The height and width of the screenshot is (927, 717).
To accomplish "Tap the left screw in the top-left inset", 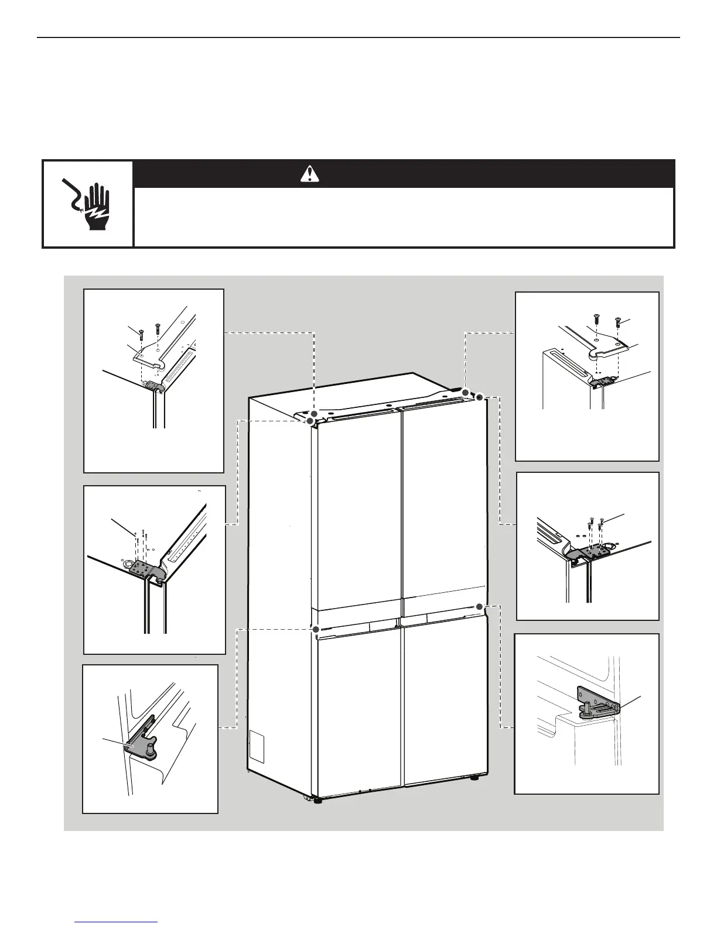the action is pos(141,335).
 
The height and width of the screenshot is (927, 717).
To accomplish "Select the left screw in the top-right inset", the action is pos(596,320).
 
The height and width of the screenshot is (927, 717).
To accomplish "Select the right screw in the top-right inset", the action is pos(617,321).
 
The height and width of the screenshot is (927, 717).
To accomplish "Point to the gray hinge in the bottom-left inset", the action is pos(138,746).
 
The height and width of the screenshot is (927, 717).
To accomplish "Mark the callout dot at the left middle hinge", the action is pos(316,629).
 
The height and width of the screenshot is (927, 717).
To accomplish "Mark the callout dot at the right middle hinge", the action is pos(479,606).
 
